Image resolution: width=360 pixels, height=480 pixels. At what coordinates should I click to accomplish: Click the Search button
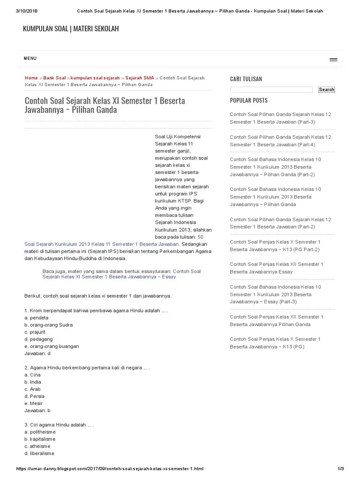[x=326, y=90]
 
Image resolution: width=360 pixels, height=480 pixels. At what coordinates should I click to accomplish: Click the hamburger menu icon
[x=333, y=60]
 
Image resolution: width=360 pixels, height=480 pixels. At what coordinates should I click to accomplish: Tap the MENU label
[x=30, y=59]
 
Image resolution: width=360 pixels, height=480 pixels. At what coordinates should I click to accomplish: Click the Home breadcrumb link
[x=31, y=78]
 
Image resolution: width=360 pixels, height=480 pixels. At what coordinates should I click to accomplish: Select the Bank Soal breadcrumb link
[x=54, y=78]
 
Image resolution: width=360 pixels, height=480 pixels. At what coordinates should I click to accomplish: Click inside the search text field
[x=271, y=90]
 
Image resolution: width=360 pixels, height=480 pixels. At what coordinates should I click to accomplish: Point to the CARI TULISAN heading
[x=246, y=79]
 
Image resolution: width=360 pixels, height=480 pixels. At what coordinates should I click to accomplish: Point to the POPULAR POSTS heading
[x=249, y=100]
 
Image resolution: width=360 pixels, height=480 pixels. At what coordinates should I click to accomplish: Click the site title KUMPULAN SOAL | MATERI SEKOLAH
[x=71, y=29]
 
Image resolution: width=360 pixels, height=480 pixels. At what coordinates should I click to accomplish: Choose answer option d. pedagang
[x=38, y=339]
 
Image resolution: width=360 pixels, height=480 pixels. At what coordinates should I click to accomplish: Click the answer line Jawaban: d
[x=37, y=353]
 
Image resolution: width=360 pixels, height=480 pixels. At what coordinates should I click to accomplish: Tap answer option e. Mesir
[x=33, y=403]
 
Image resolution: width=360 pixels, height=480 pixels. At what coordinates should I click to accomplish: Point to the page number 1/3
[x=341, y=469]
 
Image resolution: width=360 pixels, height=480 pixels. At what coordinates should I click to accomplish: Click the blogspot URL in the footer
[x=110, y=469]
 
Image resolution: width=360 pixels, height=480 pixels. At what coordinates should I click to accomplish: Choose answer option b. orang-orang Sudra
[x=48, y=325]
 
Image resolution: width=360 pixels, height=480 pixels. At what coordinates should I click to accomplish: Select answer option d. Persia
[x=34, y=396]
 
